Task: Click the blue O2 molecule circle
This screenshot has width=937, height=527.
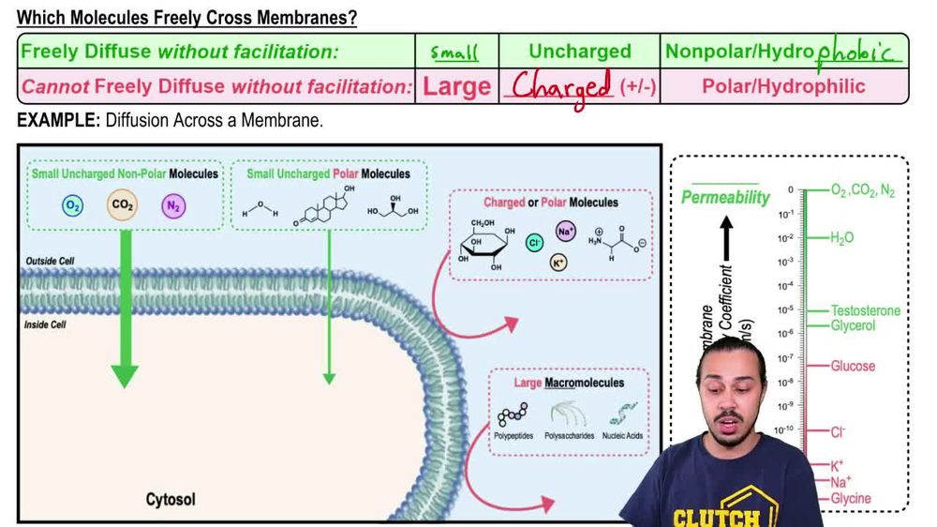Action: coord(73,205)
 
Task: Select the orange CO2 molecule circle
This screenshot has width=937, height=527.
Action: coord(122,204)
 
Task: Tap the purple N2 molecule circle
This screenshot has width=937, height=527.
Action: coord(172,205)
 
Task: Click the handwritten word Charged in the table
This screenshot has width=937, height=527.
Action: coord(561,87)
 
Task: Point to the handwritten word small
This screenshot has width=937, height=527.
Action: coord(454,53)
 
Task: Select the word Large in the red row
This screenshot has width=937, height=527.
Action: coord(456,87)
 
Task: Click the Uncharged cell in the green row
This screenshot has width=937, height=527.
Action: coord(580,52)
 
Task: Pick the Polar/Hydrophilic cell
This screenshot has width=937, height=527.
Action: coord(783,86)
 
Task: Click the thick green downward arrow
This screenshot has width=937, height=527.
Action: coord(125,309)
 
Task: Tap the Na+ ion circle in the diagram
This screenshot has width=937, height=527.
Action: coord(566,230)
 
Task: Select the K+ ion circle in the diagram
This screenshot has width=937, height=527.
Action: coord(558,263)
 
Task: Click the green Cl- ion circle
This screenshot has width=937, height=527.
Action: coord(534,242)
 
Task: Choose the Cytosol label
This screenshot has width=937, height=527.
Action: coord(171,499)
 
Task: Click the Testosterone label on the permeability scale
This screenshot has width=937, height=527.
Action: coord(865,310)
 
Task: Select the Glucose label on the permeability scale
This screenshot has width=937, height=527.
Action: coord(852,366)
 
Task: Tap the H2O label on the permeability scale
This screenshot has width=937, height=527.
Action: coord(841,238)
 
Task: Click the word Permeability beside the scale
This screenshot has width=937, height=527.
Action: coord(724,198)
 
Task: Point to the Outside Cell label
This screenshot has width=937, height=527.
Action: coord(49,261)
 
